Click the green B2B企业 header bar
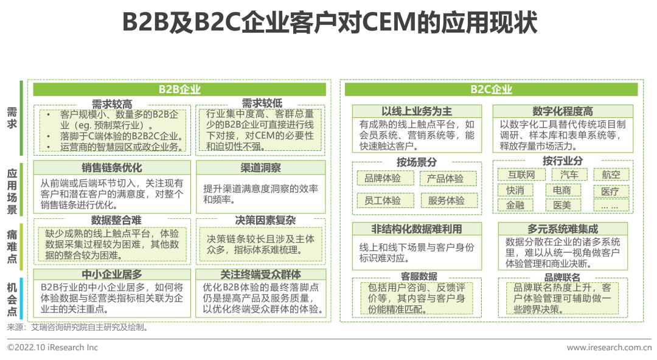click(179, 89)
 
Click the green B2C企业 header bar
click(491, 89)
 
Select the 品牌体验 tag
click(383, 179)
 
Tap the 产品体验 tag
click(445, 179)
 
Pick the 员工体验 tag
click(383, 200)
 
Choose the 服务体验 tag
click(445, 200)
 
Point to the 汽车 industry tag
click(569, 175)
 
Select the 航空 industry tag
click(611, 175)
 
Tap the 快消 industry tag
click(515, 190)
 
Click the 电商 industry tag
click(561, 190)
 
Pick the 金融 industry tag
click(515, 206)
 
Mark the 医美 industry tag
click(561, 206)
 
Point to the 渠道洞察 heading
click(260, 168)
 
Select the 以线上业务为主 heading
click(417, 111)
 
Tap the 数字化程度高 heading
click(562, 111)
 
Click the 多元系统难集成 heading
click(562, 229)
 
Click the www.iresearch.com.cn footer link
click(608, 347)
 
